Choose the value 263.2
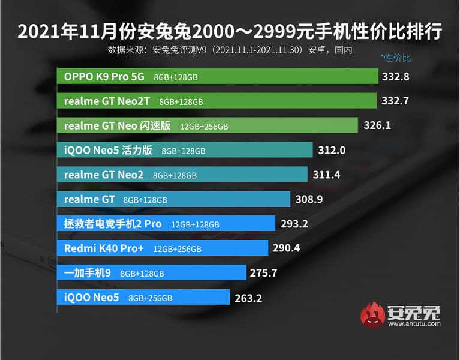[x=248, y=297]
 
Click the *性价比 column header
[x=395, y=58]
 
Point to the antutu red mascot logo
[x=372, y=316]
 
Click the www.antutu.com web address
[x=414, y=324]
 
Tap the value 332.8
[x=395, y=76]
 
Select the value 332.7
[x=395, y=101]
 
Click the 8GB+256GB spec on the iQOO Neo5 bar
[x=151, y=298]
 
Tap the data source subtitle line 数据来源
[x=230, y=49]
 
